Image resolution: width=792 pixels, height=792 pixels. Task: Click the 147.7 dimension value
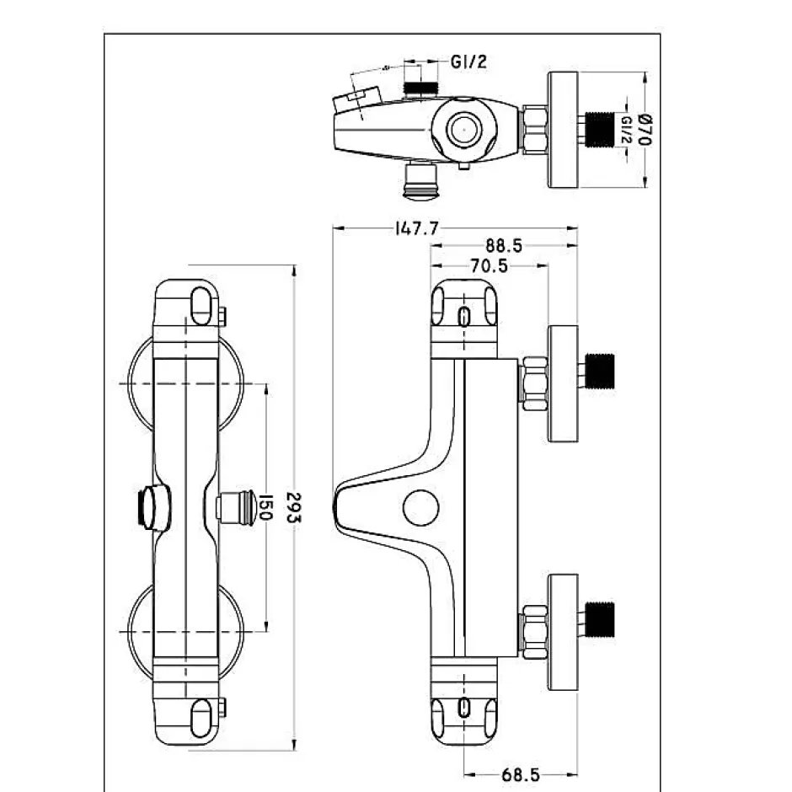[x=417, y=228]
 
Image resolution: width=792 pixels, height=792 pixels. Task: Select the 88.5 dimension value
[x=504, y=246]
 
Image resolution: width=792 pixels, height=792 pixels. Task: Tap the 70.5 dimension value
[x=489, y=265]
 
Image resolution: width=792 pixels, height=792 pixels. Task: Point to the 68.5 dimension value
[x=520, y=774]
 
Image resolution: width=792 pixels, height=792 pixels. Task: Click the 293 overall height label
[x=293, y=507]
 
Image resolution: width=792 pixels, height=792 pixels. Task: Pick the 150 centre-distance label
[x=265, y=507]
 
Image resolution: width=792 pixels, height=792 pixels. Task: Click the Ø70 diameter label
[x=644, y=130]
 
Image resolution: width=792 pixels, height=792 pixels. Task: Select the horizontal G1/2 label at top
[x=468, y=62]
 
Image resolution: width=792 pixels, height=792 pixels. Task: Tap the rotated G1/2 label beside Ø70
[x=626, y=130]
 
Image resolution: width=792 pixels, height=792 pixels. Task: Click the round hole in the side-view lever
[x=420, y=507]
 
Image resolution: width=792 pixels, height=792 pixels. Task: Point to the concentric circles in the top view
[x=463, y=130]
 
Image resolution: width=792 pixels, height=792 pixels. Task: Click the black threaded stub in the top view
[x=600, y=130]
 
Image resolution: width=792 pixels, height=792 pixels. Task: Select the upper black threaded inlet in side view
[x=600, y=372]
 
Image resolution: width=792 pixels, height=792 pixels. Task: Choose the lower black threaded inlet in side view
[x=600, y=620]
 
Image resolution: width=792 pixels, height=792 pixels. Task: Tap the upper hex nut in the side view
[x=534, y=383]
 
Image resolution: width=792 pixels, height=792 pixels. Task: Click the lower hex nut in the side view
[x=534, y=632]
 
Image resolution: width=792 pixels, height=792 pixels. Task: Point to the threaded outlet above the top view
[x=420, y=88]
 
